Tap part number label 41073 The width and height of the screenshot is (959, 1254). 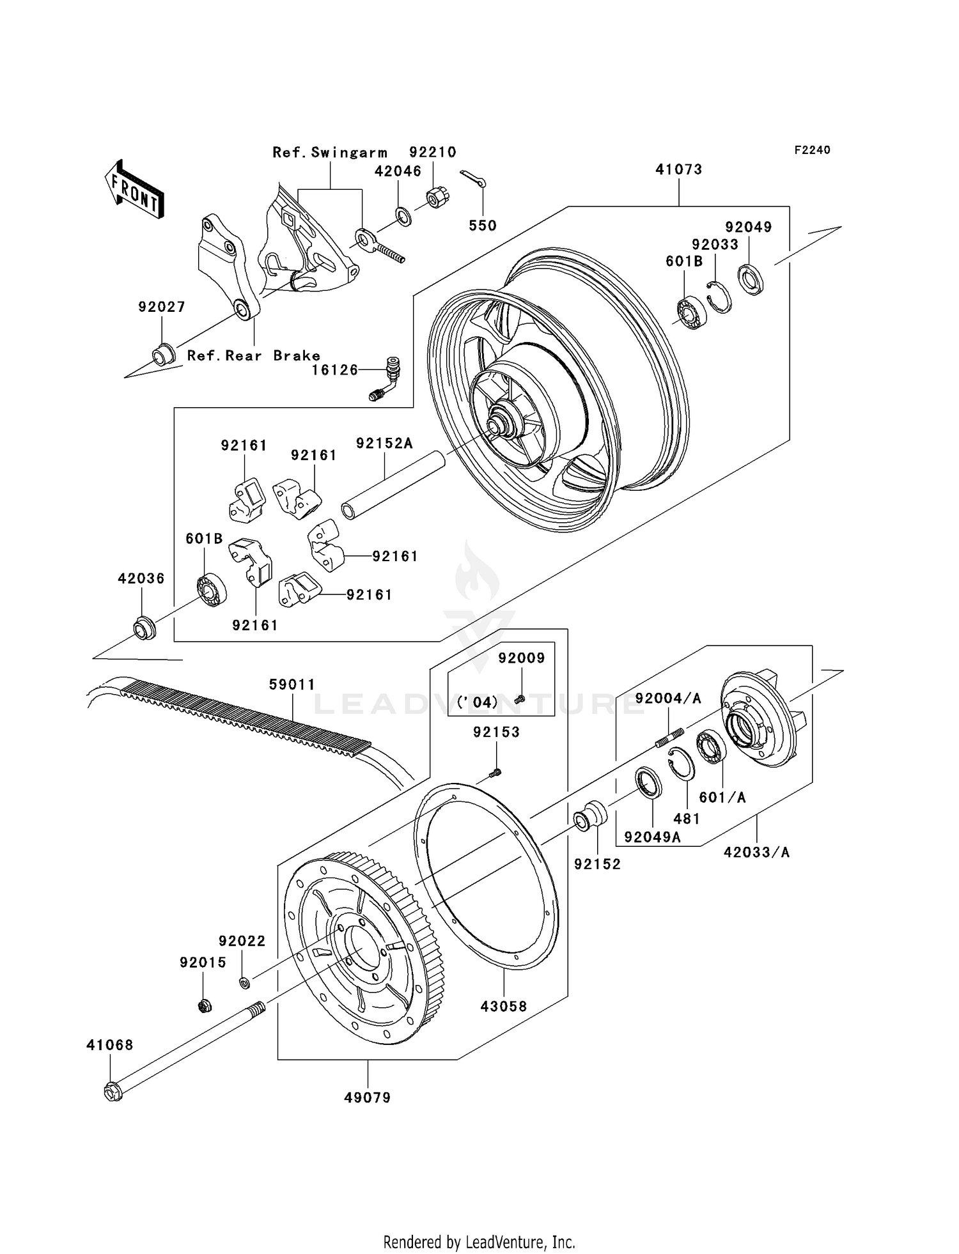point(678,170)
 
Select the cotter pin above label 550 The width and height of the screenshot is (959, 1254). point(473,180)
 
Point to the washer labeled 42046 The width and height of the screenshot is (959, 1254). point(403,216)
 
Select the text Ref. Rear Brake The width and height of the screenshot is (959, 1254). point(253,356)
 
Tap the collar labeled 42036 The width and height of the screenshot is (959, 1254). point(144,628)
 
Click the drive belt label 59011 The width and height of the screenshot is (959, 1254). point(292,685)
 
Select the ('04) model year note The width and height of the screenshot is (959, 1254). point(478,702)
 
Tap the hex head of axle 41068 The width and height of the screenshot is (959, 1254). point(113,1092)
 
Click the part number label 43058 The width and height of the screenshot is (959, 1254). point(504,1007)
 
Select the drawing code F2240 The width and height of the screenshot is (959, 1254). point(812,150)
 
